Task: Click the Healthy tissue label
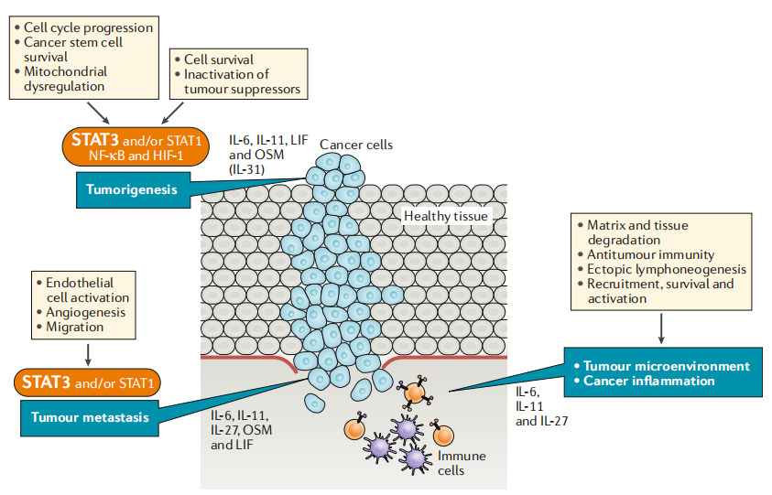pyautogui.click(x=446, y=215)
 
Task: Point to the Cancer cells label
pyautogui.click(x=356, y=145)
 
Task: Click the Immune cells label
pyautogui.click(x=462, y=462)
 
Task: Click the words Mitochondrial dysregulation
pyautogui.click(x=64, y=79)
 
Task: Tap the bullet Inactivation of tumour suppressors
pyautogui.click(x=242, y=81)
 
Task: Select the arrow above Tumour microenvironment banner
pyautogui.click(x=660, y=328)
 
